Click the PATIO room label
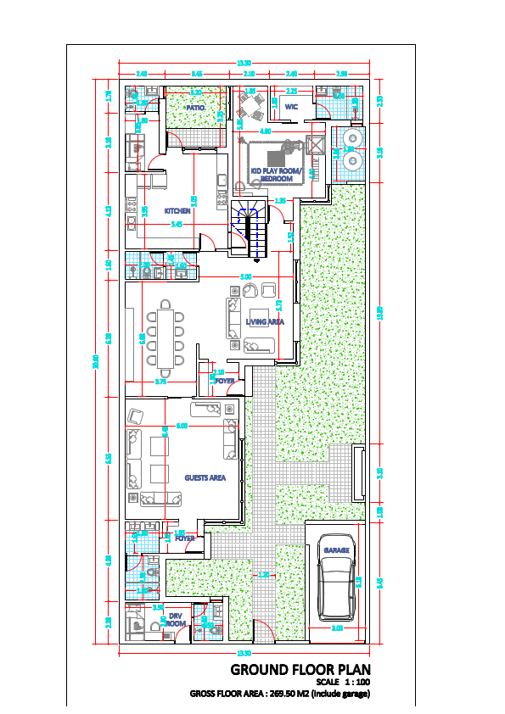(x=197, y=108)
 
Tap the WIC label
(x=291, y=107)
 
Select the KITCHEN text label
(x=177, y=210)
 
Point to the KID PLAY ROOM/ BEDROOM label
(x=277, y=175)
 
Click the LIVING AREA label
(x=264, y=322)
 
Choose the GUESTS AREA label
(x=205, y=477)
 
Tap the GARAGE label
(x=336, y=551)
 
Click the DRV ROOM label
(x=175, y=620)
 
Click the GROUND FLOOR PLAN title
(x=300, y=669)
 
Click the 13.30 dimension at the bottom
(x=244, y=652)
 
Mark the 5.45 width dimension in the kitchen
(x=177, y=225)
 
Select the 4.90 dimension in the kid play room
(x=265, y=131)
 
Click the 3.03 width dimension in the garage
(x=336, y=628)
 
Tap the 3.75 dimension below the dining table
(x=160, y=382)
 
